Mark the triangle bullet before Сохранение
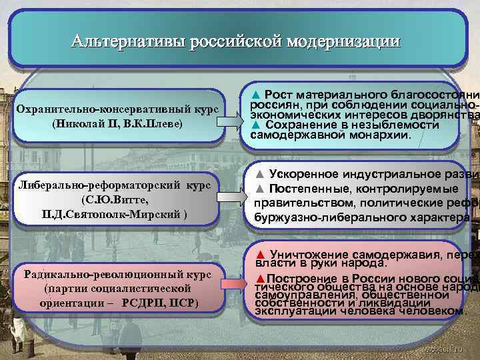[256, 124]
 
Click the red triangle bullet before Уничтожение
[261, 254]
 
